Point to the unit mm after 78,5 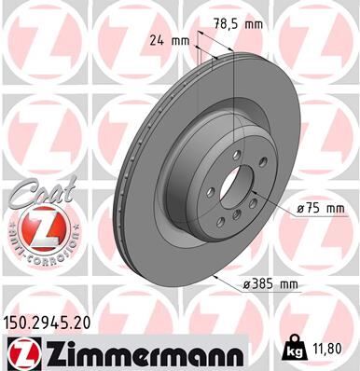pyautogui.click(x=252, y=25)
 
